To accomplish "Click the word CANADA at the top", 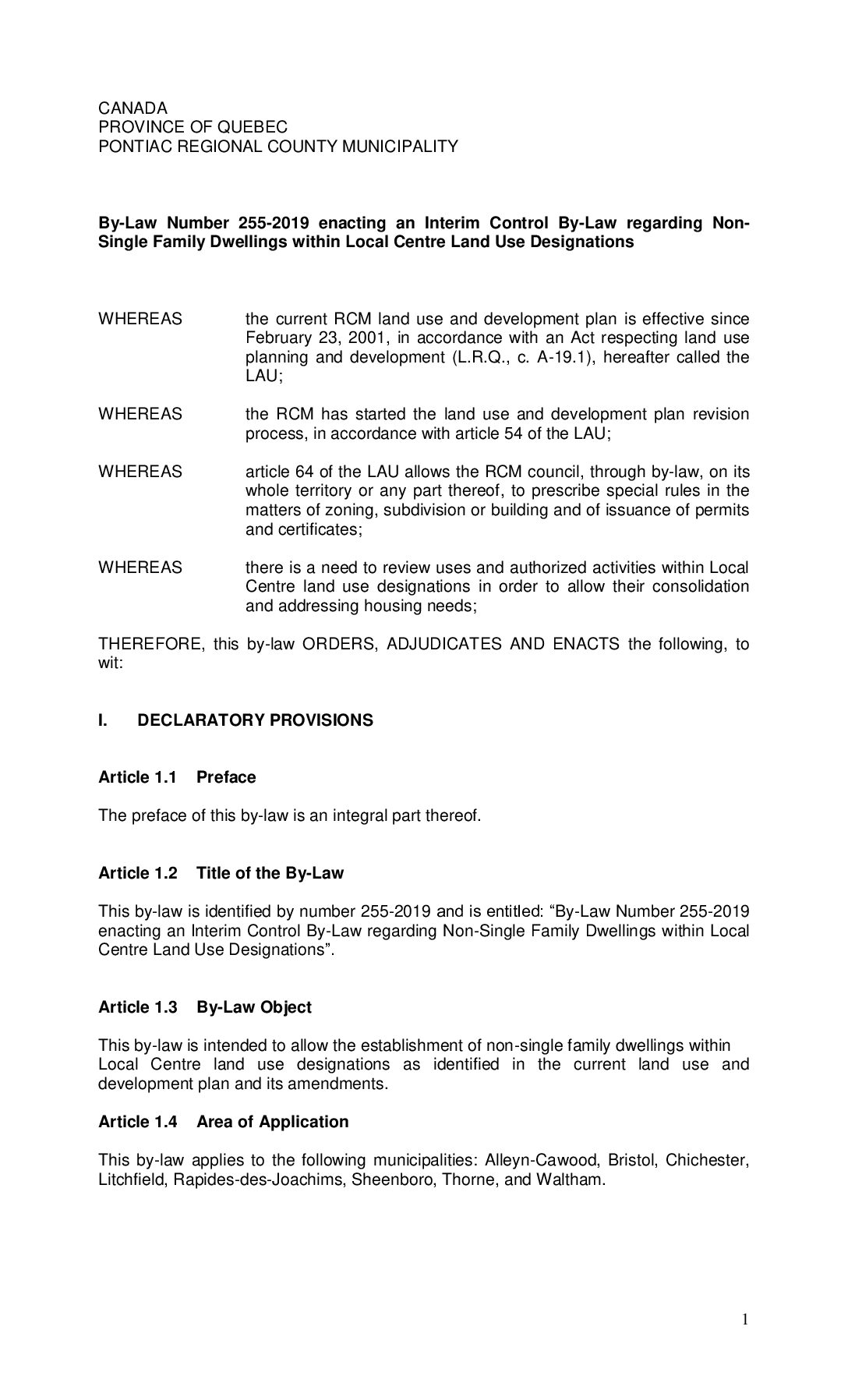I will click(132, 108).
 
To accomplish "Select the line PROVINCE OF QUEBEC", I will click(193, 126).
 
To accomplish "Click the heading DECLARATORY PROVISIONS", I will click(255, 720).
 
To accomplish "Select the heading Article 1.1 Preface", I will click(177, 777).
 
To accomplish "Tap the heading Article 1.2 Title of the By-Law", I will click(221, 873).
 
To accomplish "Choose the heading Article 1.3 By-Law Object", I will click(204, 1007).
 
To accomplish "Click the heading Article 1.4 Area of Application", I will click(223, 1122).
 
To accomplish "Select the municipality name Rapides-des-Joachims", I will click(258, 1179).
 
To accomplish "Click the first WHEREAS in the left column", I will click(140, 319).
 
